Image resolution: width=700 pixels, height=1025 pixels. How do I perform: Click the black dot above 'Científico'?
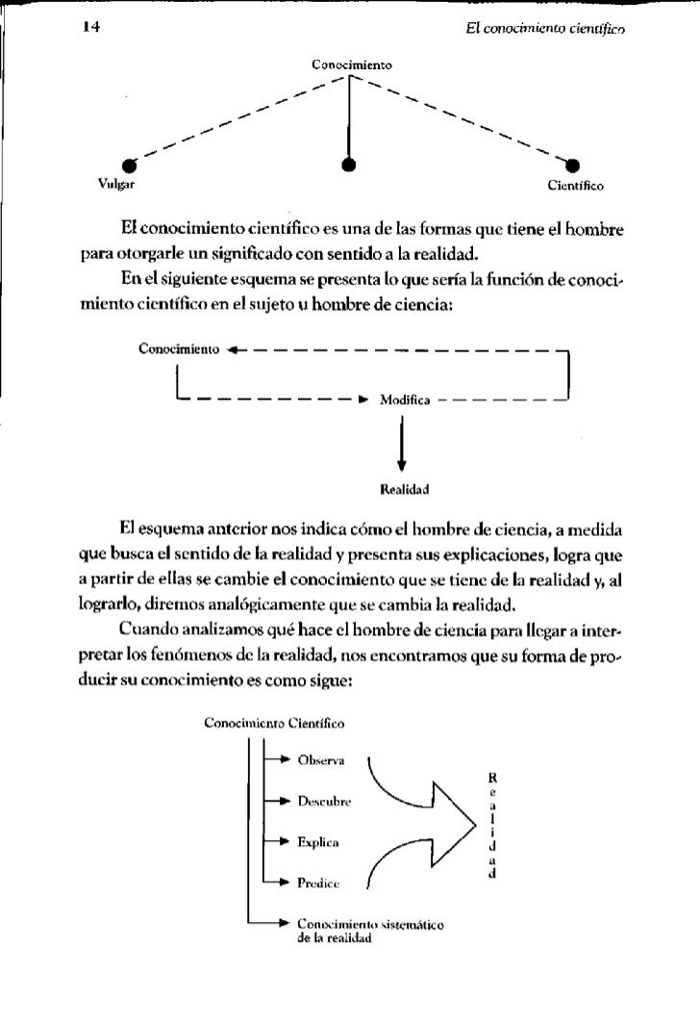point(576,164)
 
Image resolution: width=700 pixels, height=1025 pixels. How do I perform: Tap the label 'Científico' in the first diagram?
point(575,182)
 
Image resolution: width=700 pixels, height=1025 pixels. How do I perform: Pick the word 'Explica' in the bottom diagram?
point(319,841)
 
